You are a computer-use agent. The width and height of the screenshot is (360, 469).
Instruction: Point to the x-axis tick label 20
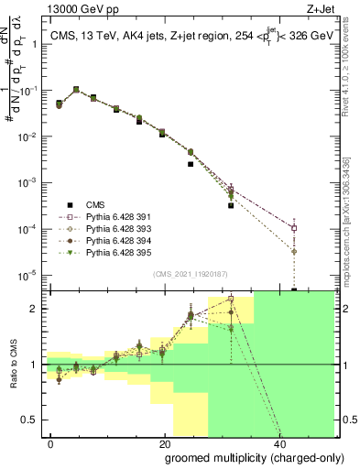pyautogui.click(x=163, y=444)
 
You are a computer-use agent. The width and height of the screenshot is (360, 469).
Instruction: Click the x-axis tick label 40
pyautogui.click(x=278, y=444)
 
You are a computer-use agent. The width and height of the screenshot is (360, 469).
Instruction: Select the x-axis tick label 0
pyautogui.click(x=49, y=444)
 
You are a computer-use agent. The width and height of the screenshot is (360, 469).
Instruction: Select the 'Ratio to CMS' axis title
pyautogui.click(x=12, y=365)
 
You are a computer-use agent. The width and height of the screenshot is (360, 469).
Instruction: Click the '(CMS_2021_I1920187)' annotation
pyautogui.click(x=190, y=273)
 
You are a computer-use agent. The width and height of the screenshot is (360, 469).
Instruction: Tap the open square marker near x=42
pyautogui.click(x=294, y=228)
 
